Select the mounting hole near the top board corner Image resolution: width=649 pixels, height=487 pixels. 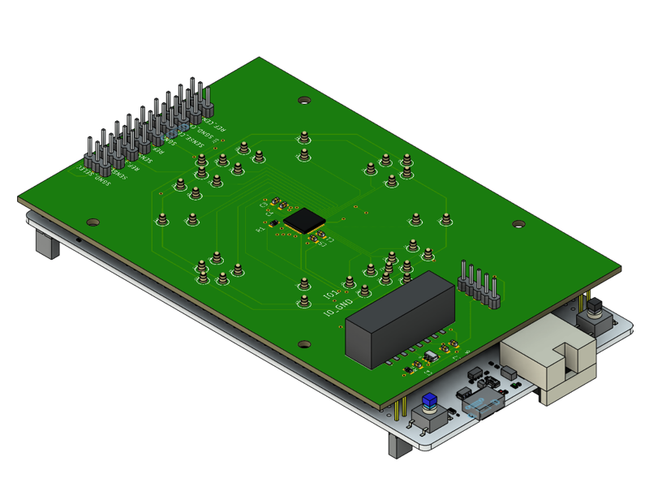304,101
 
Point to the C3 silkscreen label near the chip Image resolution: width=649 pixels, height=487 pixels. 321,241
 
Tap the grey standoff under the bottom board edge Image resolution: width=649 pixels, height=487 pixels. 399,446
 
